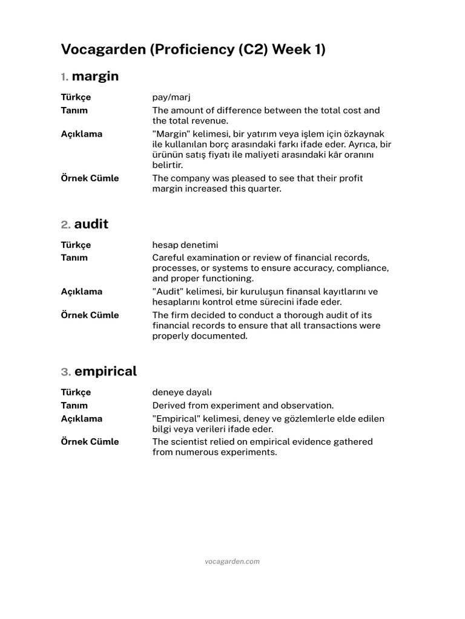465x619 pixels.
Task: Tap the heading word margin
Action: coord(95,77)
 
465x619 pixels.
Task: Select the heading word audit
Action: coord(91,224)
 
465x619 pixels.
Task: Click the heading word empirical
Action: coord(106,372)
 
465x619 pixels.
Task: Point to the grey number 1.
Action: coord(64,77)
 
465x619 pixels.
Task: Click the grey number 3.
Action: coord(65,372)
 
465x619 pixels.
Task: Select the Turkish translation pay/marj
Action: coord(171,97)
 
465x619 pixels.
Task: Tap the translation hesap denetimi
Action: coord(185,245)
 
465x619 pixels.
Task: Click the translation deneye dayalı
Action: coord(182,392)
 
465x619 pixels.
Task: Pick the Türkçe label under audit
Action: coord(76,245)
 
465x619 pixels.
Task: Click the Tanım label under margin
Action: coord(74,111)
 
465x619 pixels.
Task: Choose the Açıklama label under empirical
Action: coord(81,419)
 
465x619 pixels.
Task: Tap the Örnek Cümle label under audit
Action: coord(90,315)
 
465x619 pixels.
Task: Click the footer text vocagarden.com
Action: coord(232,561)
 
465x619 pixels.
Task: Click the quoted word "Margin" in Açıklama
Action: coord(171,134)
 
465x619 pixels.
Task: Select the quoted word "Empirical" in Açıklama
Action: coord(175,419)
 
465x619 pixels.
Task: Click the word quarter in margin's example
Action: coord(263,189)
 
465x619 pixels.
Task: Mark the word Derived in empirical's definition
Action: coord(169,406)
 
